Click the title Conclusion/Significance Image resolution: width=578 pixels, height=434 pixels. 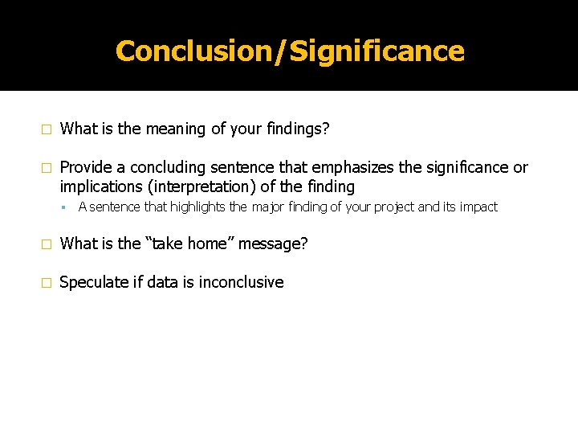[290, 51]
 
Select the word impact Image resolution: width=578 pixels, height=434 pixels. [478, 207]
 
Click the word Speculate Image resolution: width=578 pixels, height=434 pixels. [92, 282]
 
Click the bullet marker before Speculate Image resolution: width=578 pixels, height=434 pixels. [47, 283]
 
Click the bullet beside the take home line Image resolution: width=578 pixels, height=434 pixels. [47, 244]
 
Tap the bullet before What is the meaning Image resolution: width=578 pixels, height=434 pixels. [47, 129]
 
